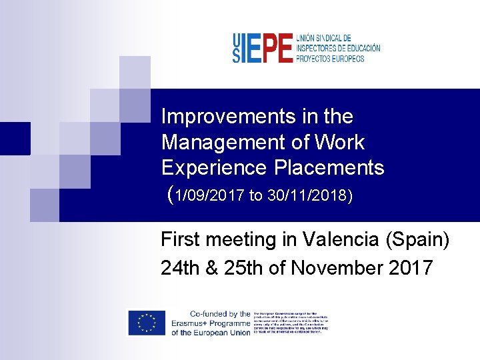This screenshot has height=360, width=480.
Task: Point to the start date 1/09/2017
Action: pos(211,196)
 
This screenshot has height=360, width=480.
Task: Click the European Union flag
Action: pos(146,323)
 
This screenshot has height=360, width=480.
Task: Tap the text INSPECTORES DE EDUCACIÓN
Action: pos(339,49)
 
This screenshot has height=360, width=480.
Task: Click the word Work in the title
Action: pos(341,142)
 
